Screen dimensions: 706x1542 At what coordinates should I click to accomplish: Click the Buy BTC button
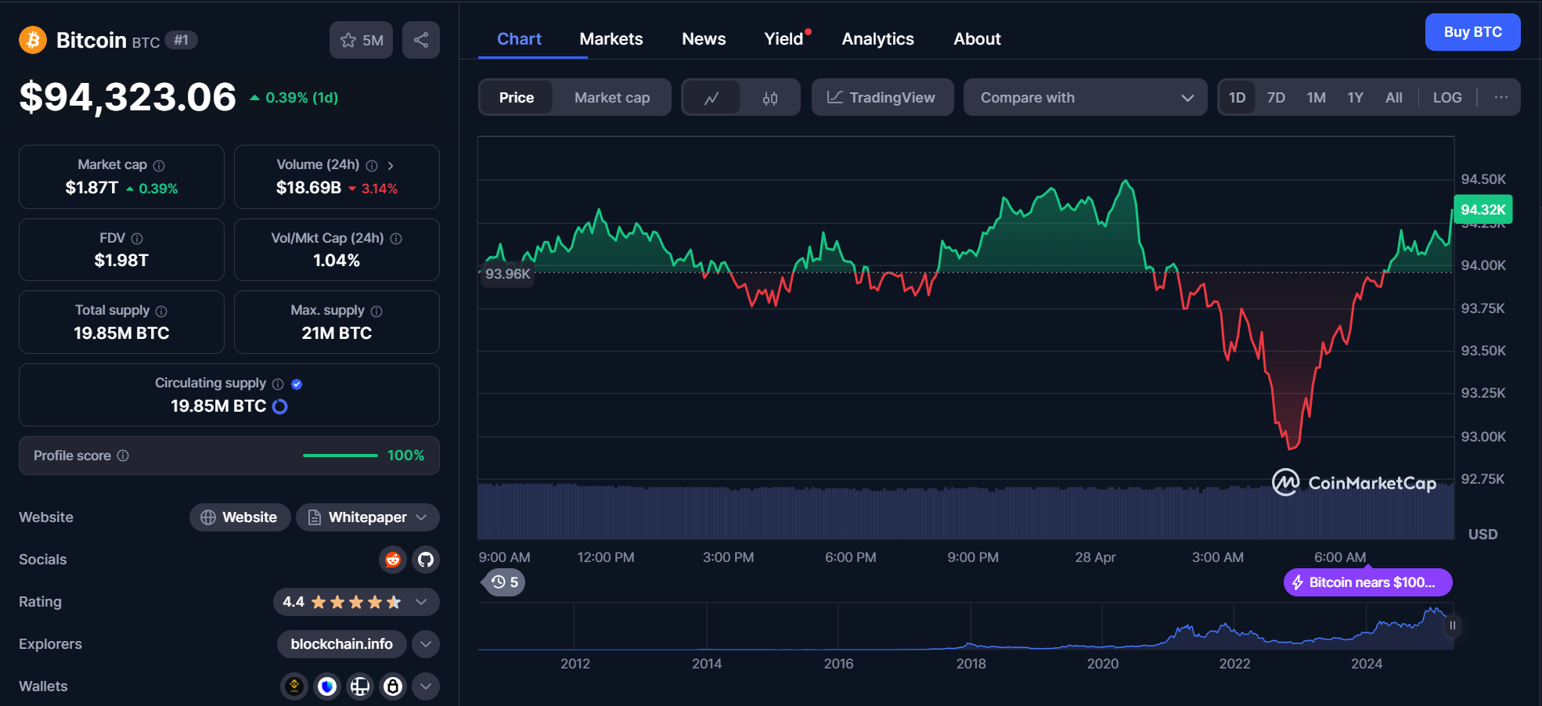pyautogui.click(x=1472, y=32)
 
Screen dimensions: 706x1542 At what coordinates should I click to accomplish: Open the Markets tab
pyautogui.click(x=611, y=39)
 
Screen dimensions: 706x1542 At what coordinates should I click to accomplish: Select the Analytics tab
pyautogui.click(x=877, y=39)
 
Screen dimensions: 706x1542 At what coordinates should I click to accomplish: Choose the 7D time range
pyautogui.click(x=1276, y=98)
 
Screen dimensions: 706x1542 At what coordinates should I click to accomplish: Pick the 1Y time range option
pyautogui.click(x=1355, y=98)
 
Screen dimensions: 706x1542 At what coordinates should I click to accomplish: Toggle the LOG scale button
pyautogui.click(x=1447, y=98)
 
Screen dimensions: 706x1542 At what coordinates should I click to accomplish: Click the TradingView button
pyautogui.click(x=882, y=98)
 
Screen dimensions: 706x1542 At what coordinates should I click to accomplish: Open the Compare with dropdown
pyautogui.click(x=1085, y=98)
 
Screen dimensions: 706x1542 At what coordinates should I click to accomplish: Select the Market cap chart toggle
pyautogui.click(x=611, y=98)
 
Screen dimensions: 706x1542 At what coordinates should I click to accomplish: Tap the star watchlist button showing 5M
pyautogui.click(x=361, y=40)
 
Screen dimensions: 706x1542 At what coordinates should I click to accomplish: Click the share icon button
pyautogui.click(x=421, y=40)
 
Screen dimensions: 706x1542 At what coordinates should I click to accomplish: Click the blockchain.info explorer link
pyautogui.click(x=341, y=644)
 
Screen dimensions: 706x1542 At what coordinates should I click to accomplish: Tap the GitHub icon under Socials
pyautogui.click(x=426, y=560)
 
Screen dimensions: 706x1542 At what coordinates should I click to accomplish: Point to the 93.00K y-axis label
pyautogui.click(x=1483, y=437)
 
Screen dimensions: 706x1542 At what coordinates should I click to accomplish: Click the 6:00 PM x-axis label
pyautogui.click(x=850, y=557)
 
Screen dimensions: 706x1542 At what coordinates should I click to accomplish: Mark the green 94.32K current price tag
pyautogui.click(x=1483, y=210)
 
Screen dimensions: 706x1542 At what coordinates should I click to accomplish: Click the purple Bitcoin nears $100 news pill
pyautogui.click(x=1367, y=582)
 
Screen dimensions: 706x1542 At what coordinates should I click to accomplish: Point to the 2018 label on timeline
pyautogui.click(x=971, y=664)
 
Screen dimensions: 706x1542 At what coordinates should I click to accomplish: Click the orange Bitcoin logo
pyautogui.click(x=33, y=40)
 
